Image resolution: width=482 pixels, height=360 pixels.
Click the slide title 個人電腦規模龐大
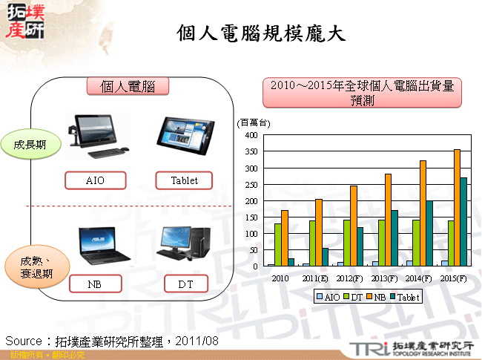point(262,33)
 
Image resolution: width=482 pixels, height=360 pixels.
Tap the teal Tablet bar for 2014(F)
point(429,233)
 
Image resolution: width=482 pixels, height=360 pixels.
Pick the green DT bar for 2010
point(278,245)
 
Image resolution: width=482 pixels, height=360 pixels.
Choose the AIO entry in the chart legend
point(329,297)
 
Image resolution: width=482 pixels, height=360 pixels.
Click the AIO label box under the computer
point(96,180)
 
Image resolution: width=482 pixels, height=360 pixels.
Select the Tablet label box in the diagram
point(184,180)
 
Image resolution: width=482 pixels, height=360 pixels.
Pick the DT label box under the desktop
point(185,284)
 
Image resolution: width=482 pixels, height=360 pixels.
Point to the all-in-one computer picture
point(96,135)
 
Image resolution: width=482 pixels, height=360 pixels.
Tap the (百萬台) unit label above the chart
point(254,122)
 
